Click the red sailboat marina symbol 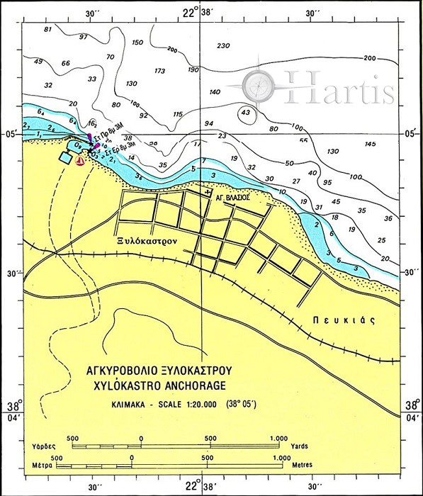click(80, 160)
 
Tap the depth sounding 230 click(223, 46)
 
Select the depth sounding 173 click(159, 71)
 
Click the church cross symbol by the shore click(208, 191)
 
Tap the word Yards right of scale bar click(299, 448)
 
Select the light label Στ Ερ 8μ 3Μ click(114, 148)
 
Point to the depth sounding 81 click(48, 30)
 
